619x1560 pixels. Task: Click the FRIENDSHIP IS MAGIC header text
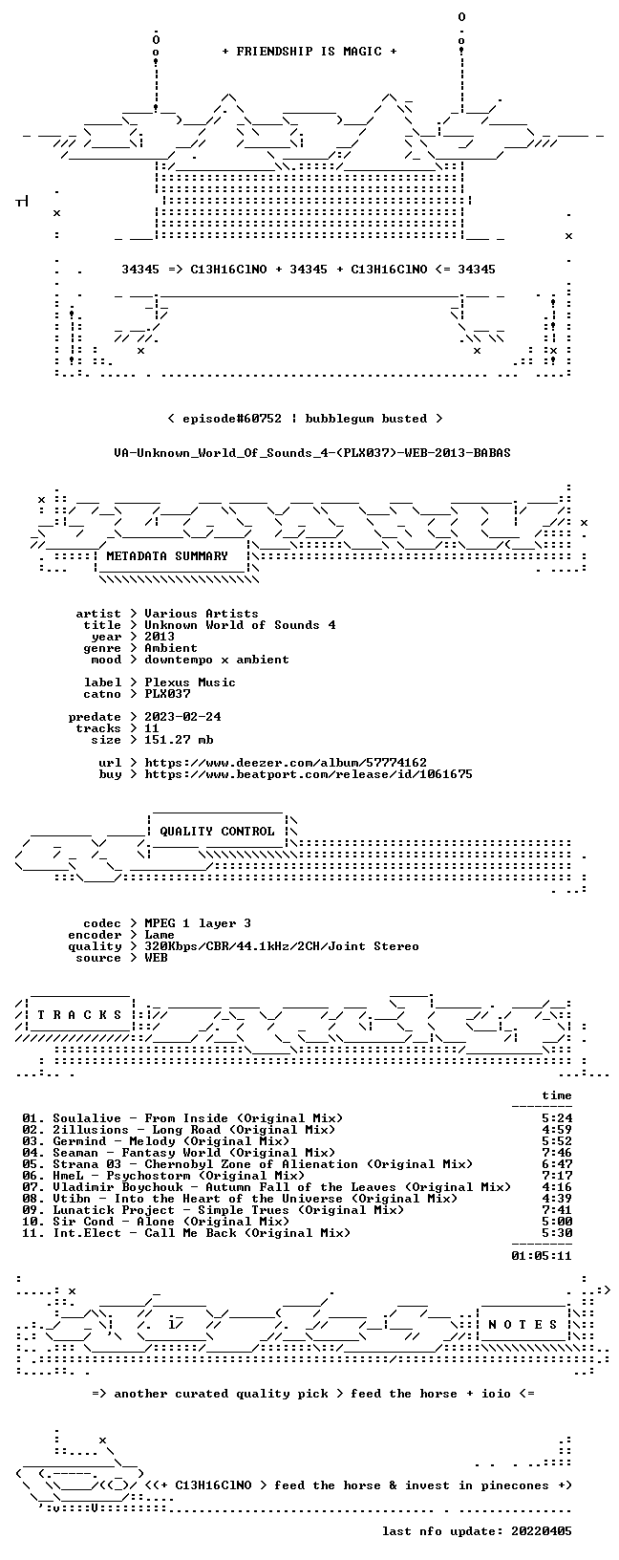click(309, 52)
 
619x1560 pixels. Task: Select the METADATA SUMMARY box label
click(167, 556)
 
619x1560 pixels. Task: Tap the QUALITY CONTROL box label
click(217, 832)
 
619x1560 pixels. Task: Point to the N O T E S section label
click(523, 1325)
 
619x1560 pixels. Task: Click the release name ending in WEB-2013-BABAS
click(312, 453)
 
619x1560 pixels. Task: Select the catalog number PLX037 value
click(167, 694)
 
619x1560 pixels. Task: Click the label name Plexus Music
click(190, 682)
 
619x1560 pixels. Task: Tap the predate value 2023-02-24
click(182, 717)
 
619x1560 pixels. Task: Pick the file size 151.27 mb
click(179, 740)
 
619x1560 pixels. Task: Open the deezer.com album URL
click(286, 763)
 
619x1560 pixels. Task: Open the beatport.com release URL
click(309, 773)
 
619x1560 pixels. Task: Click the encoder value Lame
click(160, 935)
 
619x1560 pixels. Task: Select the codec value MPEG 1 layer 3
click(198, 923)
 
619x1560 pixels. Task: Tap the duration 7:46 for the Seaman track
click(557, 1153)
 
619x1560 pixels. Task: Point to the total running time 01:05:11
click(542, 1256)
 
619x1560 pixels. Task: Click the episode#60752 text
click(232, 419)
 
